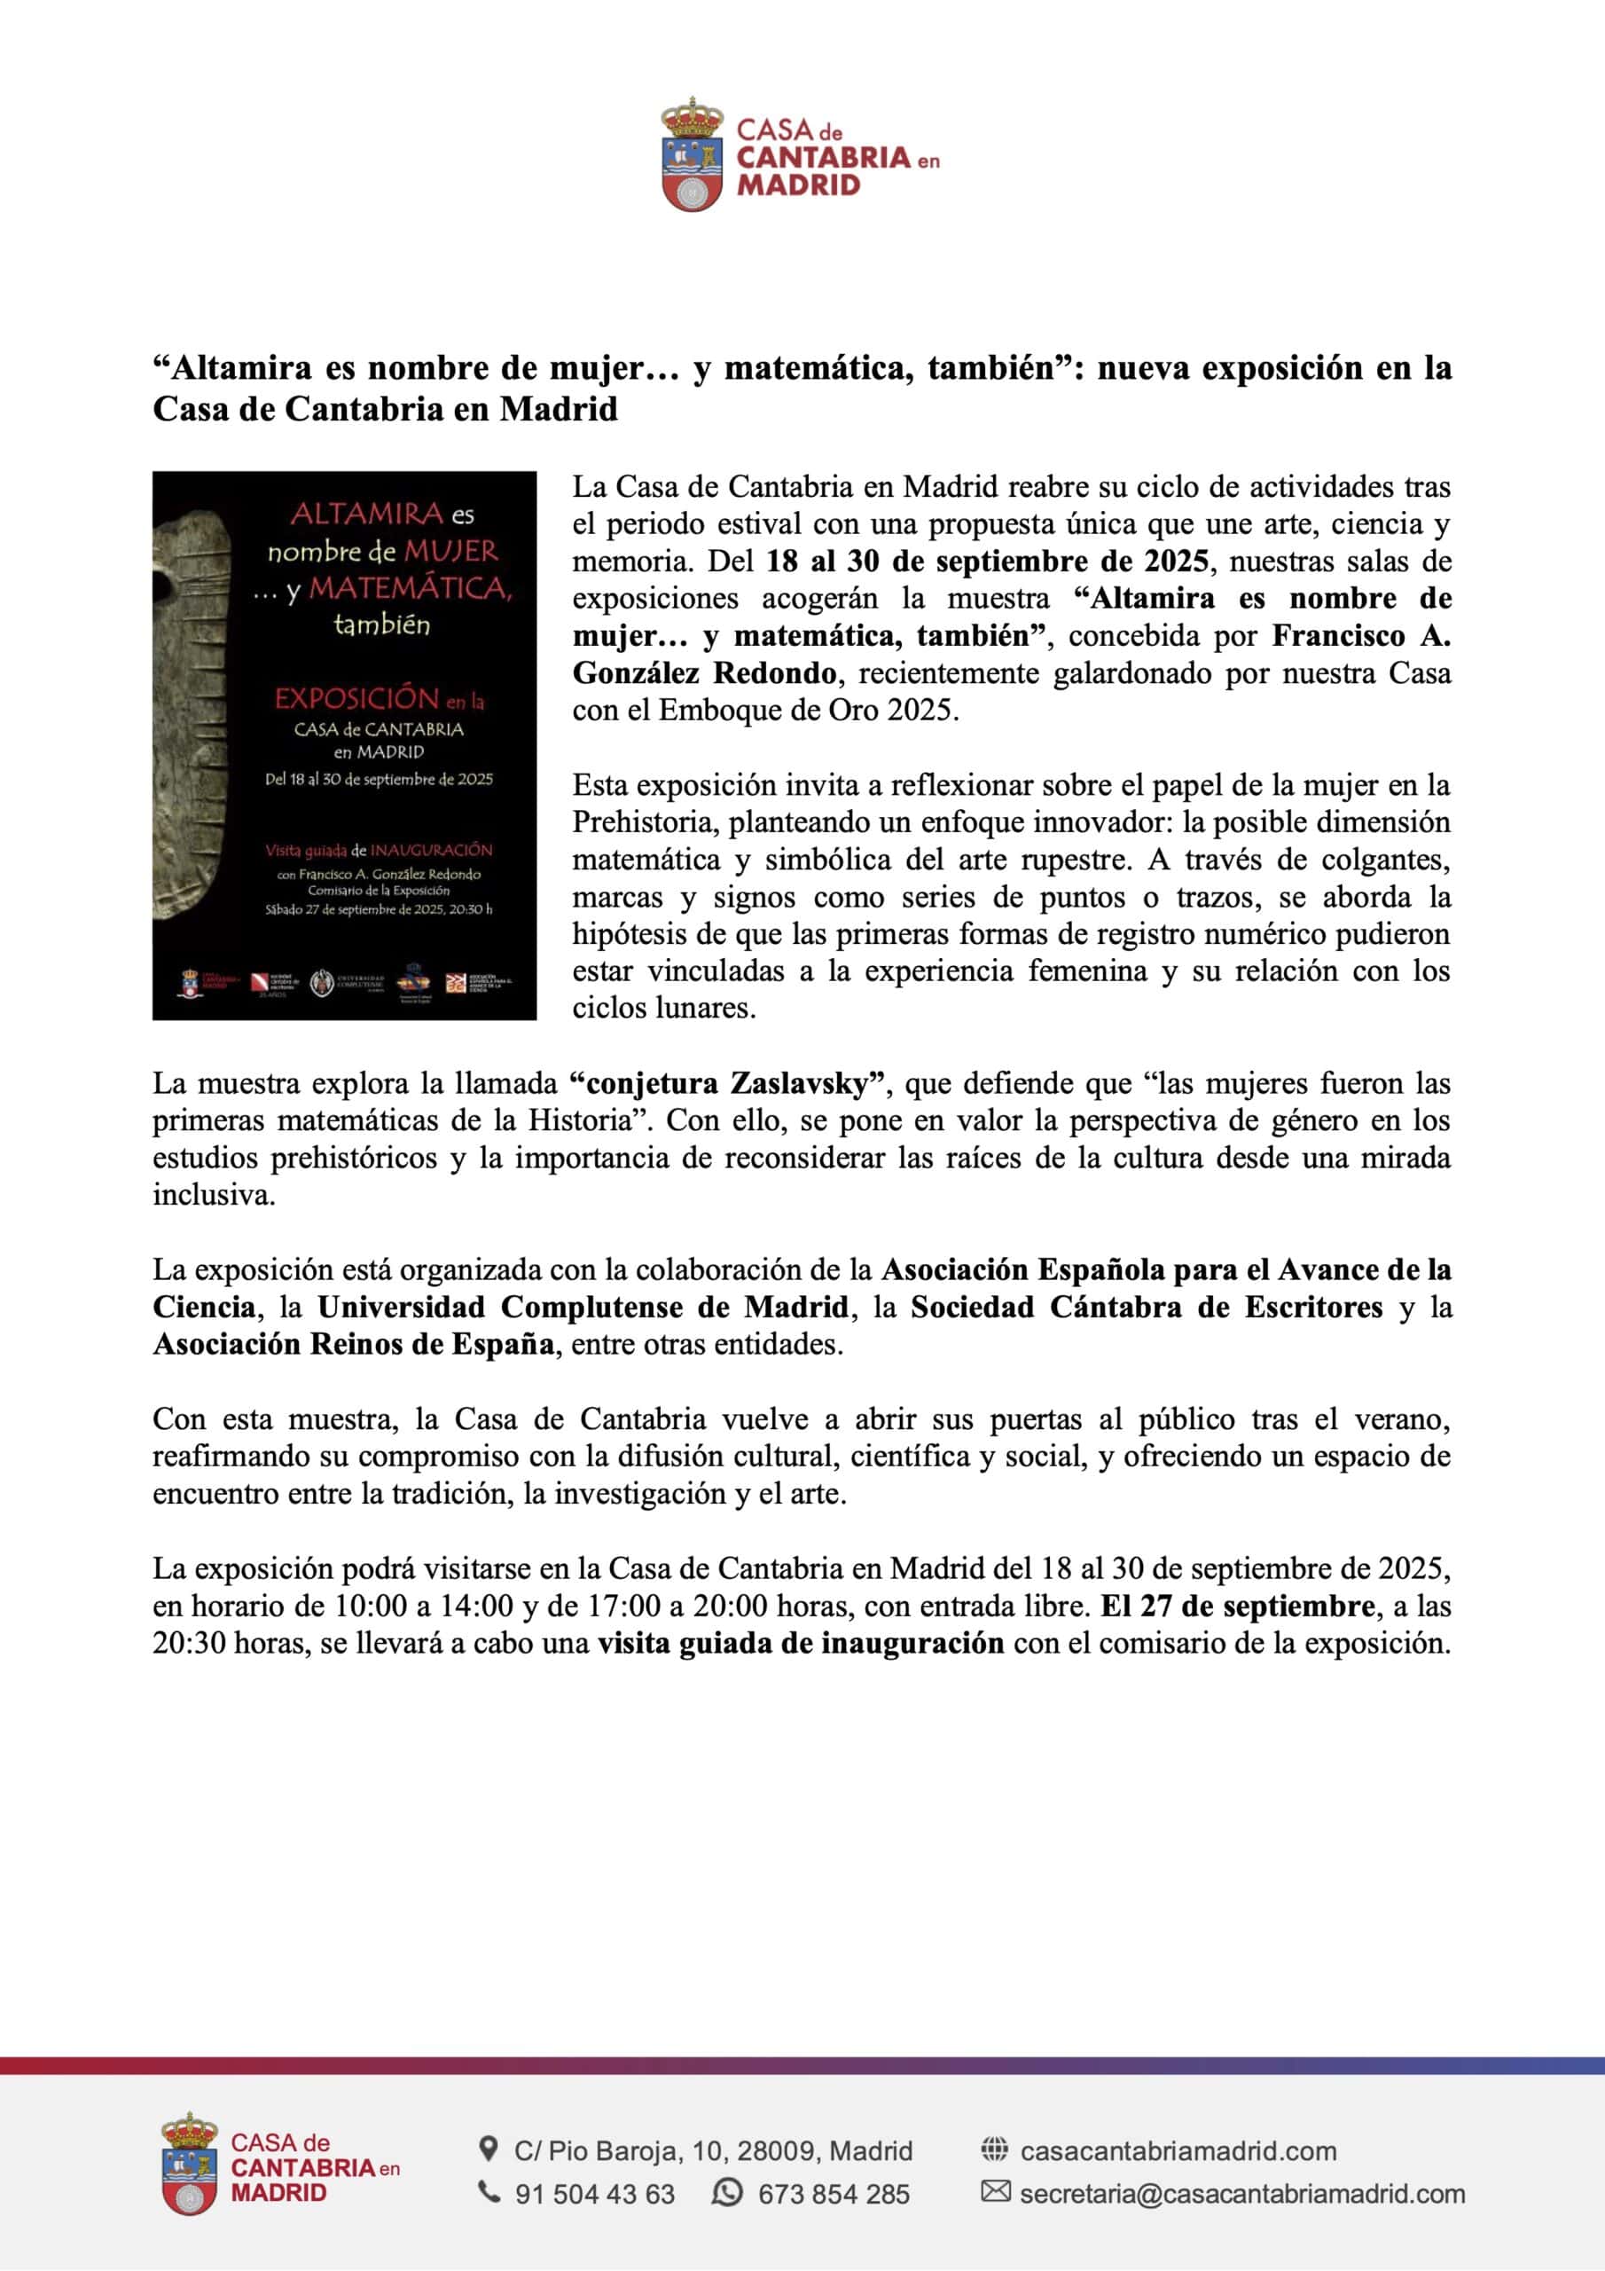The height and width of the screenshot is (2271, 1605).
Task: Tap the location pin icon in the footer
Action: pyautogui.click(x=488, y=2149)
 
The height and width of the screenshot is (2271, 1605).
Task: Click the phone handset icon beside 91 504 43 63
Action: pyautogui.click(x=489, y=2193)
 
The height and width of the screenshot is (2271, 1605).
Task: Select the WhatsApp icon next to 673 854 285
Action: pyautogui.click(x=727, y=2193)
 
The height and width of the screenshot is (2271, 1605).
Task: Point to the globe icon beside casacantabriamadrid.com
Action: pyautogui.click(x=994, y=2149)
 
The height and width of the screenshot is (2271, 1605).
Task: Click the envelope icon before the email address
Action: pyautogui.click(x=995, y=2192)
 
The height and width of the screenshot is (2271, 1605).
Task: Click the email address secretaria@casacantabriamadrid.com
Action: pyautogui.click(x=1242, y=2194)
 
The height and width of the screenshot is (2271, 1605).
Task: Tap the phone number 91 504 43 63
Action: pyautogui.click(x=594, y=2194)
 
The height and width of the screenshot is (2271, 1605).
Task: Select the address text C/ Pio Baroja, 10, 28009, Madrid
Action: pyautogui.click(x=713, y=2150)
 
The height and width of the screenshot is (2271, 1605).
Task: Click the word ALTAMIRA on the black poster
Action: pyautogui.click(x=367, y=514)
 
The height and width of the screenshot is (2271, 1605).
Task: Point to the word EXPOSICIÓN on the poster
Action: pyautogui.click(x=356, y=698)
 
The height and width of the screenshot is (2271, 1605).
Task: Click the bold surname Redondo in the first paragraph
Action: pyautogui.click(x=774, y=673)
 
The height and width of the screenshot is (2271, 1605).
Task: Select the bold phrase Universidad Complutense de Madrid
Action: pyautogui.click(x=583, y=1308)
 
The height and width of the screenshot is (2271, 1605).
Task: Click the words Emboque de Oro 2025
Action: pyautogui.click(x=808, y=711)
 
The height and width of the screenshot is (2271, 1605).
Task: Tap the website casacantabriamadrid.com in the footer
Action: pyautogui.click(x=1178, y=2150)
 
